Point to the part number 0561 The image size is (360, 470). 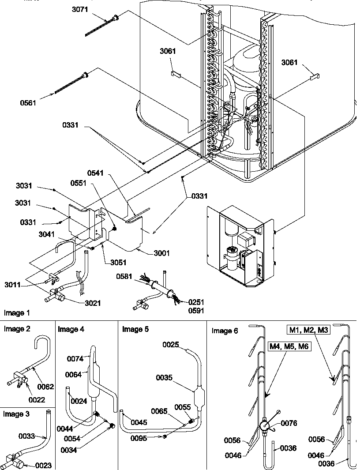pos(29,102)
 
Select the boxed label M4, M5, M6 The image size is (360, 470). pos(290,346)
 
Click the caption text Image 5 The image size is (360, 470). pos(135,329)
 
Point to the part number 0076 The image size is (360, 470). pos(288,423)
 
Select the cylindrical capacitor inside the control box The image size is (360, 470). pos(231,256)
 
